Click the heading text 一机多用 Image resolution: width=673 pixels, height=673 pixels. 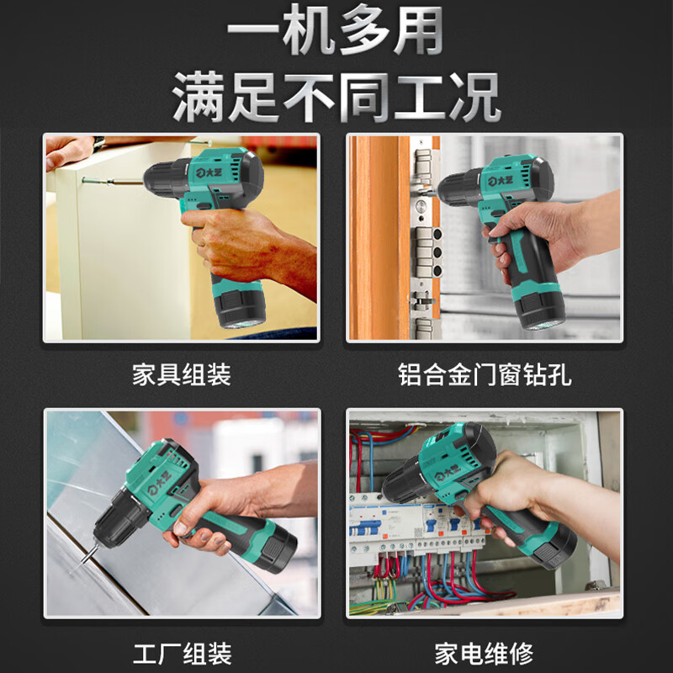pos(336,34)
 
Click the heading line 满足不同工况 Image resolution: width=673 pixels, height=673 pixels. pos(336,98)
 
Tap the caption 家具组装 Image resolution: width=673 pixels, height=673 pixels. pos(181,374)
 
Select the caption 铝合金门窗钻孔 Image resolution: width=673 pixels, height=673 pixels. pos(485,374)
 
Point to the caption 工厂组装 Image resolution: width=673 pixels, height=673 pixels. pos(182,651)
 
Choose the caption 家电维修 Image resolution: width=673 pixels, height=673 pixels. pos(485,651)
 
